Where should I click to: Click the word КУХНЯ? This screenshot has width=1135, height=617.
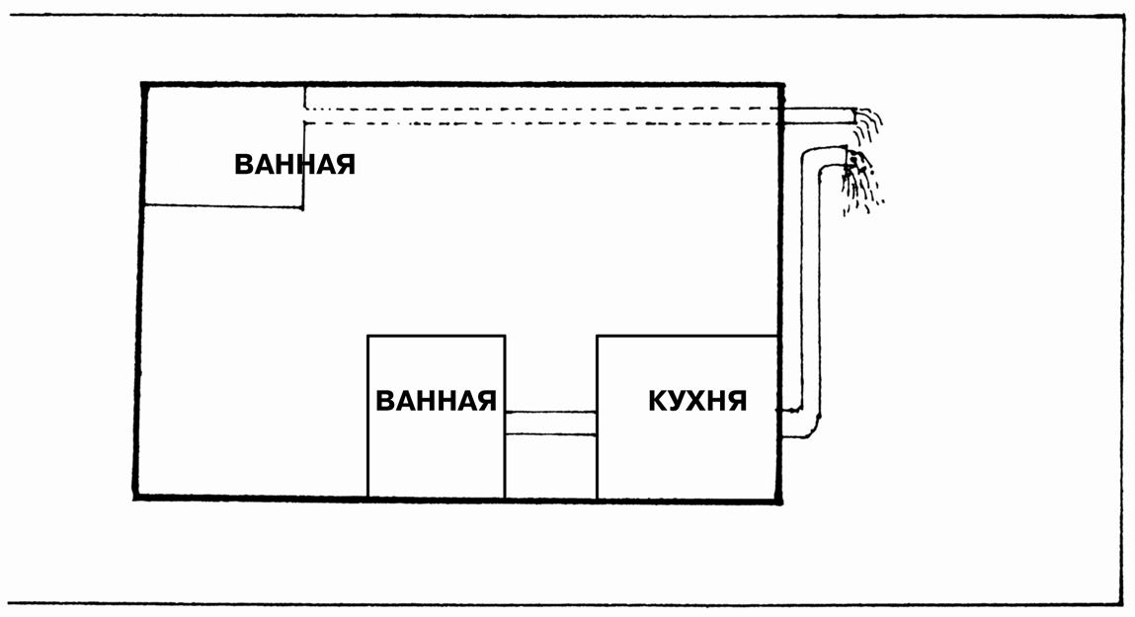coord(697,401)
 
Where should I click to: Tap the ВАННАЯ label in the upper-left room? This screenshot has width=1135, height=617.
coord(294,164)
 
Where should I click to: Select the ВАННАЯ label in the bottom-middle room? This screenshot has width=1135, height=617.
coord(436,401)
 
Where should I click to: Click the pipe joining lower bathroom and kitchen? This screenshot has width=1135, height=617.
coord(550,423)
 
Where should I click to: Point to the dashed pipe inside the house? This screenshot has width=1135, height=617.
coord(543,116)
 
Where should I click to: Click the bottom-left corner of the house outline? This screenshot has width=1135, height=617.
coord(135,496)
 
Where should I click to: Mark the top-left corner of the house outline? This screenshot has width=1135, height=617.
coord(144,85)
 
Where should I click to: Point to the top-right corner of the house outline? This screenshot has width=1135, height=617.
coord(783,85)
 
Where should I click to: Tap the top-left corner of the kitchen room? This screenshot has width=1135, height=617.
coord(598,336)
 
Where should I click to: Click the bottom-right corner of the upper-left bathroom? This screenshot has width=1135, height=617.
coord(303,207)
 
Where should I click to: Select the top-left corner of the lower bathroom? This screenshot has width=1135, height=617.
coord(368,336)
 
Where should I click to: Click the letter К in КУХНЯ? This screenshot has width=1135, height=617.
coord(658,401)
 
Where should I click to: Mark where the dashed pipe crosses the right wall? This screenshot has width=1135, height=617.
coord(783,116)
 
